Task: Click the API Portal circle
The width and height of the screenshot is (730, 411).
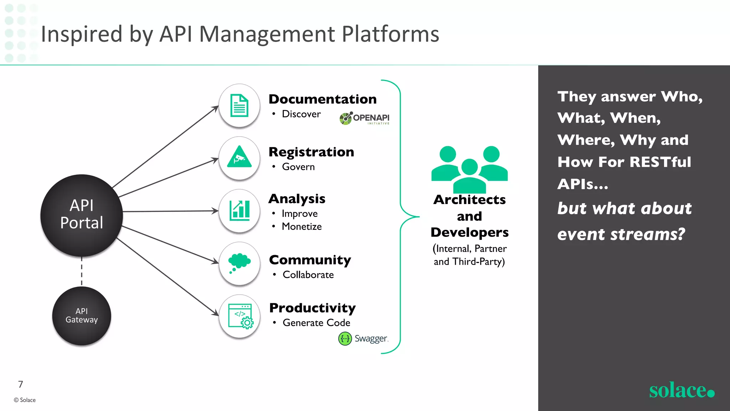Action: [x=82, y=215]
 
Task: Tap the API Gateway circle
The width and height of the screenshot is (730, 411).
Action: [x=82, y=316]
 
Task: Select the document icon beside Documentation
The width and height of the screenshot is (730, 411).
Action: [x=239, y=106]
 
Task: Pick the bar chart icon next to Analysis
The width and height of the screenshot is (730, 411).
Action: [x=239, y=210]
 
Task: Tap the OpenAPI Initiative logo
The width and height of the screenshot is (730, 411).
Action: [x=364, y=118]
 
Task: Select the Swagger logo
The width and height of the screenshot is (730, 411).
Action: [x=363, y=338]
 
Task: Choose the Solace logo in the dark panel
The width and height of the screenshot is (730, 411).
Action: [x=681, y=390]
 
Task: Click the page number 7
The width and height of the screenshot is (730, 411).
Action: [x=21, y=384]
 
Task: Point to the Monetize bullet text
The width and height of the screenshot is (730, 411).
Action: [x=302, y=227]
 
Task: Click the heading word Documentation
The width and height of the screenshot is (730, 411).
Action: [x=323, y=99]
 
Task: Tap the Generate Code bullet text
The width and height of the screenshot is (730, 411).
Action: [x=316, y=323]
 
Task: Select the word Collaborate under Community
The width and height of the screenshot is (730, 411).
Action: [x=308, y=275]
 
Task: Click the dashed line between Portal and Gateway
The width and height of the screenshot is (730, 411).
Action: [x=82, y=271]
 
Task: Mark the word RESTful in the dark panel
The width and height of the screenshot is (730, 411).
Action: [x=660, y=162]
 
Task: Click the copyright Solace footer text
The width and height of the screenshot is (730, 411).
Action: [x=25, y=400]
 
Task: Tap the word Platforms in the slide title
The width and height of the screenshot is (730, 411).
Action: [x=390, y=34]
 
